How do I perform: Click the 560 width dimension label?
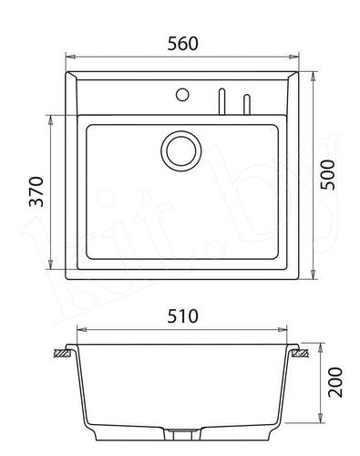(x=183, y=43)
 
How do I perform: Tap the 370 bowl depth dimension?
(x=36, y=193)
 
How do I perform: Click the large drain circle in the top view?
(x=180, y=149)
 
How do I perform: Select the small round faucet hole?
(x=181, y=94)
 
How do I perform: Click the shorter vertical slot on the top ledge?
(x=245, y=103)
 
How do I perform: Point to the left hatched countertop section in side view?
(x=63, y=350)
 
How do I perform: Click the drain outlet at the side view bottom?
(x=180, y=428)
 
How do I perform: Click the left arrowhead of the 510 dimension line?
(x=80, y=331)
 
